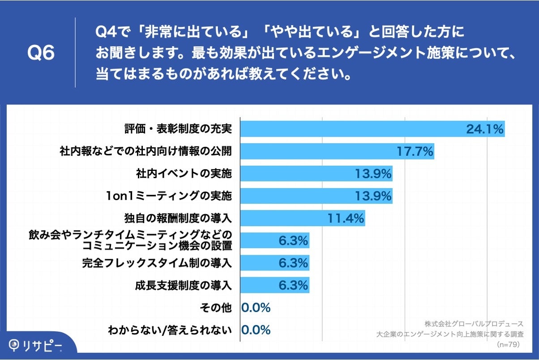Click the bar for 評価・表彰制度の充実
tap(349, 129)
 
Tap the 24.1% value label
tap(485, 129)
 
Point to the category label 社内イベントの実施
tap(184, 173)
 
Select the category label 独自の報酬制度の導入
tap(178, 219)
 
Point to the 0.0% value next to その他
tap(256, 308)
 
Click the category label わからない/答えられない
tap(170, 330)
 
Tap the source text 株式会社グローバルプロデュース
tap(474, 323)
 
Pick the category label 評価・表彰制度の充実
tap(178, 129)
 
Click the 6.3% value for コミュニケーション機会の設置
tap(293, 241)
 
